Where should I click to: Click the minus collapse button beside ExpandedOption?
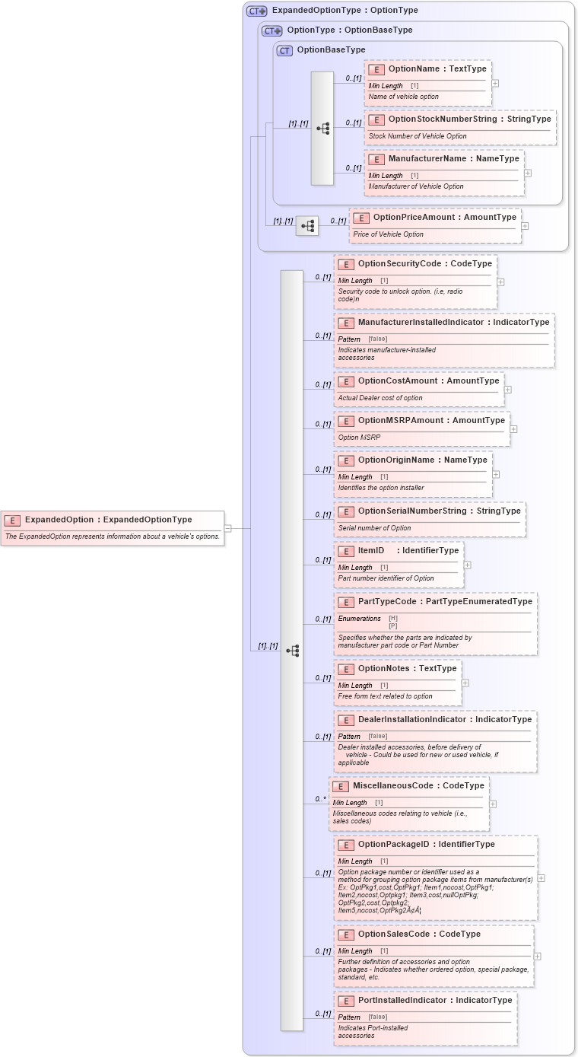(x=227, y=527)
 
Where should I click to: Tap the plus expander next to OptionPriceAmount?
(x=525, y=226)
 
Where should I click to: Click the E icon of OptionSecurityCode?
(x=346, y=264)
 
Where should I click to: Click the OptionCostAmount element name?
(x=428, y=380)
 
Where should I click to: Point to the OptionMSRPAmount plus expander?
(x=513, y=429)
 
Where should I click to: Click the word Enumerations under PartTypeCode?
(x=359, y=619)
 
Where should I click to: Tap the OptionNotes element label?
(x=407, y=668)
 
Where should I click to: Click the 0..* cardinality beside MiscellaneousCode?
(x=321, y=799)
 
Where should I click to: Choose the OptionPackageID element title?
(x=426, y=844)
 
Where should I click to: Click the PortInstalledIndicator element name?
(x=435, y=1000)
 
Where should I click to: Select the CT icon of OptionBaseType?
(x=284, y=50)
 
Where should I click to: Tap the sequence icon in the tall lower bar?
(x=292, y=651)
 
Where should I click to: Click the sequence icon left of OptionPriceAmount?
(x=307, y=226)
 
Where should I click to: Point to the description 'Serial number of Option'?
(x=374, y=528)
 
